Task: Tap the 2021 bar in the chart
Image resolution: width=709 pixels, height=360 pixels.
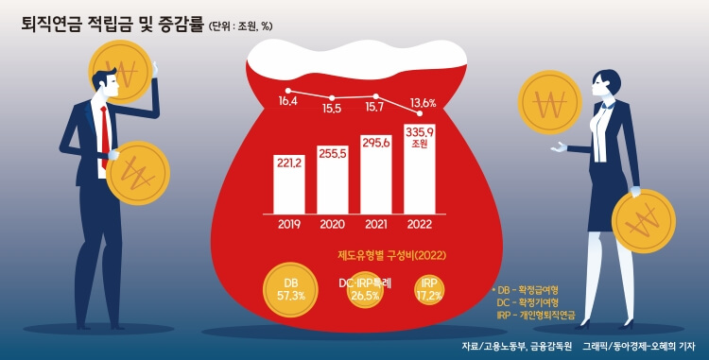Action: [x=376, y=172]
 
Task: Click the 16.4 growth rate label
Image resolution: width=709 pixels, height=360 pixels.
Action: [x=287, y=101]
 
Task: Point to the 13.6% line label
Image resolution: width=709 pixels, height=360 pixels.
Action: [x=423, y=103]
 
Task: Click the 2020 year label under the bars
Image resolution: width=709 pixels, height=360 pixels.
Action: [x=333, y=225]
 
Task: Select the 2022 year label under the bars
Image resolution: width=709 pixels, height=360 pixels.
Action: [x=419, y=225]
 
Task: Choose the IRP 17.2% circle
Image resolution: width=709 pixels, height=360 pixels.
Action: [x=428, y=289]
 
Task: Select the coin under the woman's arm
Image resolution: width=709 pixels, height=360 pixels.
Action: [x=643, y=221]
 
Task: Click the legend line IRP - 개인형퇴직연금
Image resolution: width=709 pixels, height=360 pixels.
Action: [x=536, y=315]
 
